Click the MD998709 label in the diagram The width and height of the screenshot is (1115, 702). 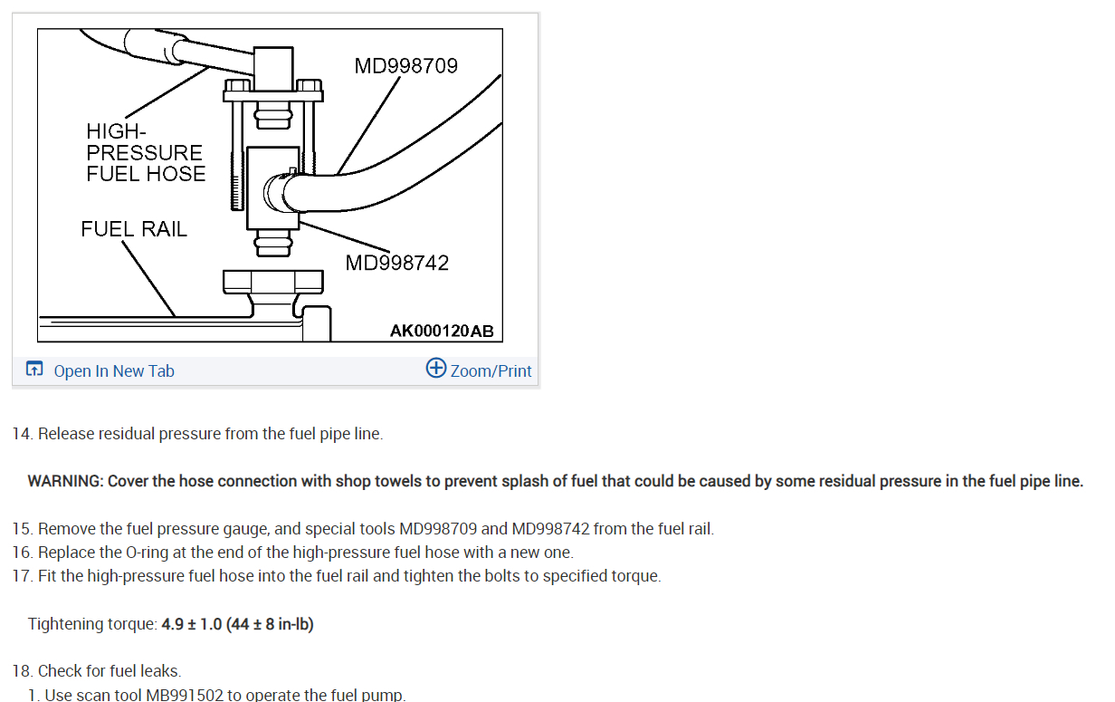coord(406,66)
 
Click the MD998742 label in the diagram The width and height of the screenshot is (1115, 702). coord(396,263)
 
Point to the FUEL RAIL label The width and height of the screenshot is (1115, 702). coord(134,229)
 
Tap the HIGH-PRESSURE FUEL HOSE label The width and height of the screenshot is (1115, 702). coord(145,152)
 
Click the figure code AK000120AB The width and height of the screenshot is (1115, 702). coord(442,331)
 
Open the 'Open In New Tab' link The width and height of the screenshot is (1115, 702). coord(114,370)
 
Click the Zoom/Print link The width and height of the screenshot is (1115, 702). coord(491,370)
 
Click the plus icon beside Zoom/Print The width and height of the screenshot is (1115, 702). coord(436,369)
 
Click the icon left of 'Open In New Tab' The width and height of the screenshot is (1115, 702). coord(34,370)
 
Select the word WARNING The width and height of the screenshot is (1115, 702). coord(64,481)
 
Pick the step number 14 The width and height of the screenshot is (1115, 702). coord(21,434)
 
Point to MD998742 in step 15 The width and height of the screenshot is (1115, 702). coord(550,528)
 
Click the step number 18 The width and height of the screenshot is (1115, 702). coord(21,671)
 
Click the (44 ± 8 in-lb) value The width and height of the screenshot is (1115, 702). coord(270,624)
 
